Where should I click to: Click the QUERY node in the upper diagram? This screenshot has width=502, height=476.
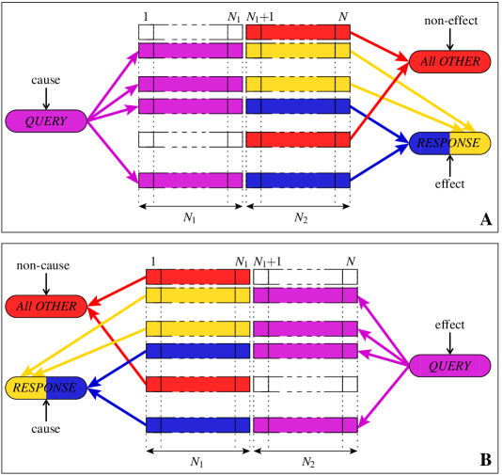tap(46, 121)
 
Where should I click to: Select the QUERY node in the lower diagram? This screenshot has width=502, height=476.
tap(449, 366)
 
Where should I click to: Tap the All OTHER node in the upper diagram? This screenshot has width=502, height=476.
tap(449, 62)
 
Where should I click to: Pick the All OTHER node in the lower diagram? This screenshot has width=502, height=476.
tap(46, 307)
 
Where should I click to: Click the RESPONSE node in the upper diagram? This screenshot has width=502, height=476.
tap(449, 143)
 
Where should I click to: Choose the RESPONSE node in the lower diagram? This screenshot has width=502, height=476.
tap(46, 388)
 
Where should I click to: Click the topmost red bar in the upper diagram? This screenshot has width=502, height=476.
tap(298, 32)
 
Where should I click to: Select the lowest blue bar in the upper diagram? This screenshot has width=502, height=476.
tap(298, 180)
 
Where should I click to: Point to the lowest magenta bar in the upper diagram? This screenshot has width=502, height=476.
tap(190, 180)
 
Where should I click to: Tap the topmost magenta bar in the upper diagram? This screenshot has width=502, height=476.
tap(190, 51)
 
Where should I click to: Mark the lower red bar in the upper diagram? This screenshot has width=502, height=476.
tap(298, 139)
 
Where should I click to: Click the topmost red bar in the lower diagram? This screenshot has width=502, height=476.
tap(197, 277)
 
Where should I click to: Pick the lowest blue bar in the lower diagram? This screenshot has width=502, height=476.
tap(197, 424)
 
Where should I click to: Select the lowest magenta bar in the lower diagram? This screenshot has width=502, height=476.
tap(306, 424)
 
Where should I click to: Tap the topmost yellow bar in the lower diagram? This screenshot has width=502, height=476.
tap(197, 295)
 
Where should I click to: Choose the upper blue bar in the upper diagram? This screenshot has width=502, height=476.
tap(298, 106)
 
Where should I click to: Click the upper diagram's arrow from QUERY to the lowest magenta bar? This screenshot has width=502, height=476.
tap(113, 151)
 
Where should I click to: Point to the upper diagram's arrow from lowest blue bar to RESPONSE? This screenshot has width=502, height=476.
tap(380, 163)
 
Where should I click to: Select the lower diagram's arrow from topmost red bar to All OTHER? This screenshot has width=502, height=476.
tap(117, 291)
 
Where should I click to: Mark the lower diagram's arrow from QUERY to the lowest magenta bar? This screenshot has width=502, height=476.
tap(384, 395)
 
